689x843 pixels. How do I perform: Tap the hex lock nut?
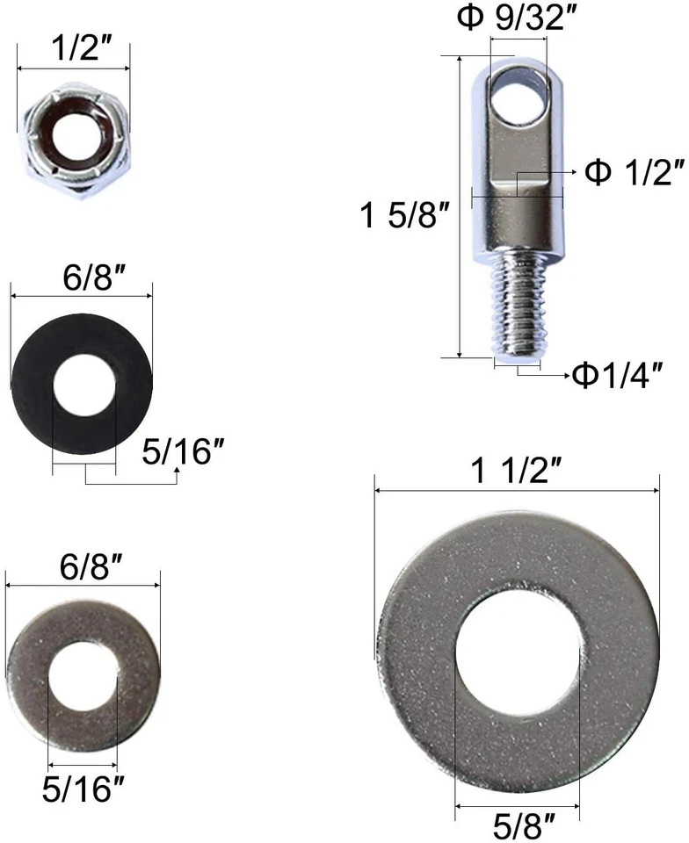coord(74,139)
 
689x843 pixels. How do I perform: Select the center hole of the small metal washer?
coord(83,677)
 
